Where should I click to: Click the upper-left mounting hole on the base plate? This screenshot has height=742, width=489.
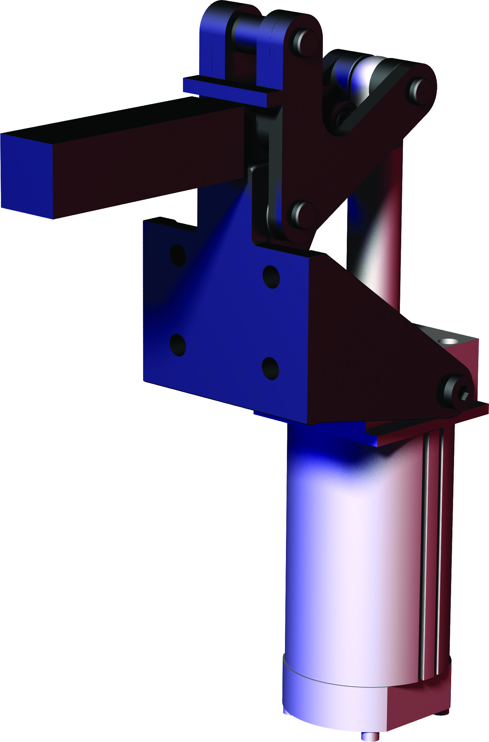click(178, 255)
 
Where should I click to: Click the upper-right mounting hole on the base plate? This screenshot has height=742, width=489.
click(271, 276)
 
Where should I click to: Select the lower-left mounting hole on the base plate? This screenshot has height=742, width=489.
click(178, 345)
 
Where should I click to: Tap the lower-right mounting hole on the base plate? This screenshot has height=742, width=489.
click(270, 368)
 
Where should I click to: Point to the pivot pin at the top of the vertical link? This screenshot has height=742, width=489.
click(304, 43)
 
